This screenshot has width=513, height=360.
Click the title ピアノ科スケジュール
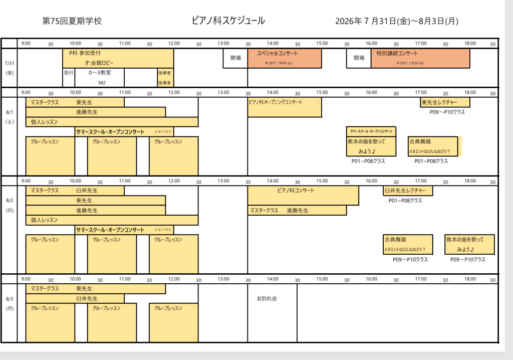[228, 21]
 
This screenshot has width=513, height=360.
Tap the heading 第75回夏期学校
[72, 21]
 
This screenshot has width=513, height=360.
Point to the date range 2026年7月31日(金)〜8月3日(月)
[396, 21]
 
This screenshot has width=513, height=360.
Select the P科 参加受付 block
[118, 58]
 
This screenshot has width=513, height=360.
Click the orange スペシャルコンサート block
[285, 58]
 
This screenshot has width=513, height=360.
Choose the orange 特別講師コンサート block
[420, 58]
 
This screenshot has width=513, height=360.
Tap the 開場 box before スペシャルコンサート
[235, 58]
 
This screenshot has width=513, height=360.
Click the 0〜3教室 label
[100, 73]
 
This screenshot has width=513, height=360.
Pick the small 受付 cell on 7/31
[69, 73]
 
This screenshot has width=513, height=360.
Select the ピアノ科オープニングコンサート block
[285, 107]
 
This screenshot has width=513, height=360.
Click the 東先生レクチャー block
[445, 102]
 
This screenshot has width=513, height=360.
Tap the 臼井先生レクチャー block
[408, 191]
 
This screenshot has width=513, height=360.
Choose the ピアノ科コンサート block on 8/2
[303, 196]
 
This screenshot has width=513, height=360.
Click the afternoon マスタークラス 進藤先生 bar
[297, 211]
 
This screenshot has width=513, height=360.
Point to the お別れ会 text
[267, 298]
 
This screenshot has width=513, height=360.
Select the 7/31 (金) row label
[10, 68]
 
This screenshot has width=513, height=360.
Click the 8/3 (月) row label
[10, 303]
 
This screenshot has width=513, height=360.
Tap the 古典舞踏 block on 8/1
[433, 146]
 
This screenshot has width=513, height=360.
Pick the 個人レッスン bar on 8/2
[112, 220]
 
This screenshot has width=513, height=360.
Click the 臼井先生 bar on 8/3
[75, 298]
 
